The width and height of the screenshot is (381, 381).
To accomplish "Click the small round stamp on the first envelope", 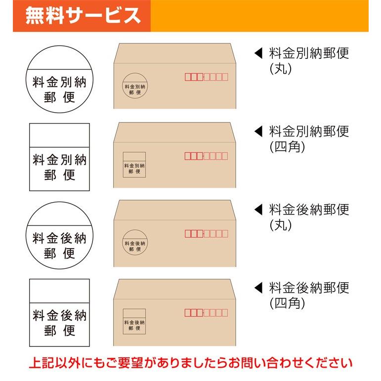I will [x=134, y=85].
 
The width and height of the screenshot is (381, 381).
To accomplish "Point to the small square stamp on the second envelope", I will [x=134, y=164].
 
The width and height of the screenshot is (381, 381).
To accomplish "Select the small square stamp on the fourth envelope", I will [x=134, y=321].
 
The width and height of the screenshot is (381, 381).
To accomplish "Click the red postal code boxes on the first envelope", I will [x=207, y=77].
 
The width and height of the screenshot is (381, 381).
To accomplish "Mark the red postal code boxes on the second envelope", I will [x=207, y=156].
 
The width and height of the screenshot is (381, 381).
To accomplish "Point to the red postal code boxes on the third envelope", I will [x=207, y=233].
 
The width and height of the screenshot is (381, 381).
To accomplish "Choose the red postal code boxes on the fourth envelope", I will [x=207, y=312].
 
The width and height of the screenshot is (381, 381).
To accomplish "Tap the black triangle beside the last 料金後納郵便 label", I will [x=257, y=287].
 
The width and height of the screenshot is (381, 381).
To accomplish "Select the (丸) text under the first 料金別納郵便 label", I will [x=281, y=69].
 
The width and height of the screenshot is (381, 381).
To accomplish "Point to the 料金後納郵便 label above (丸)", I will [x=309, y=210].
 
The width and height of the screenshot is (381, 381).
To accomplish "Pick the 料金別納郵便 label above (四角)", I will [x=309, y=131].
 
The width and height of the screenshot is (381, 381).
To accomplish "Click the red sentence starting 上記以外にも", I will [x=190, y=363].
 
